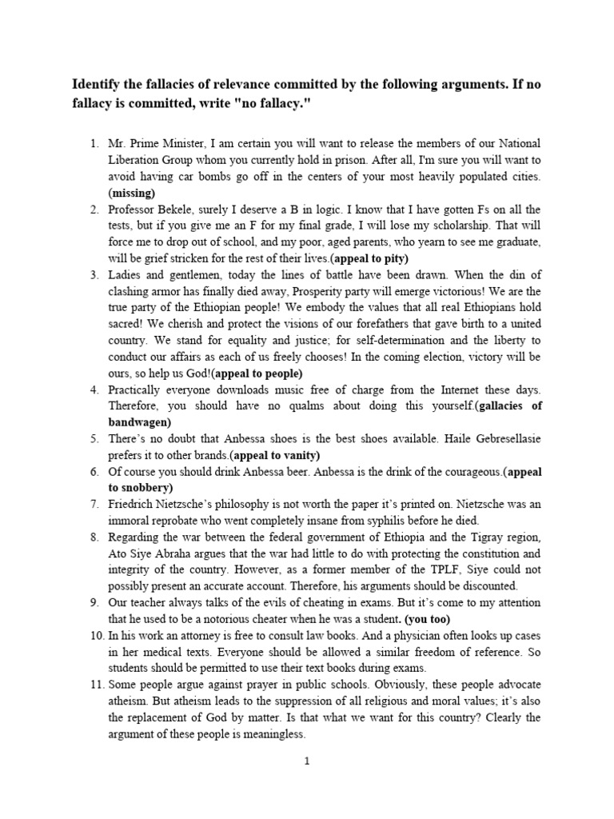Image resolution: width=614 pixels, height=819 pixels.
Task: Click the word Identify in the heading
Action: tap(100, 84)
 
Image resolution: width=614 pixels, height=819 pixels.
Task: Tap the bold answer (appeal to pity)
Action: tap(369, 258)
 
